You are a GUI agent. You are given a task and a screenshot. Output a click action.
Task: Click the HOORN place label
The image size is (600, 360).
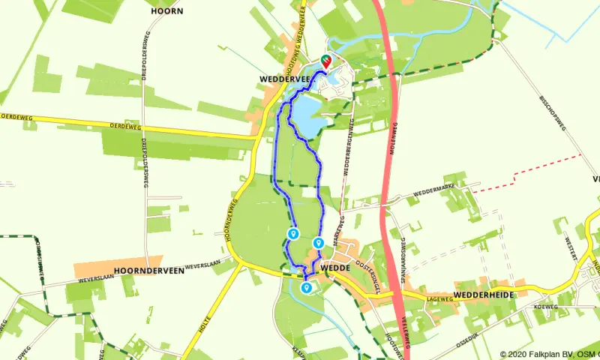click(166, 11)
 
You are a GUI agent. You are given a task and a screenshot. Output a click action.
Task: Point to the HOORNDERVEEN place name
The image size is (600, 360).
click(149, 271)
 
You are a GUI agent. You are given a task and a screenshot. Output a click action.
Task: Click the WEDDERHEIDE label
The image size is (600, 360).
click(484, 295)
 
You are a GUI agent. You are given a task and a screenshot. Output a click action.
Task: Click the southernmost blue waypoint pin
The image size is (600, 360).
click(306, 287)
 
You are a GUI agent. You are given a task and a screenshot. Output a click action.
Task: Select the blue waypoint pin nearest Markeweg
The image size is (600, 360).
click(319, 243)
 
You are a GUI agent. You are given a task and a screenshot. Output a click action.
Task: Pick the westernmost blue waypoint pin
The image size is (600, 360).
click(293, 234)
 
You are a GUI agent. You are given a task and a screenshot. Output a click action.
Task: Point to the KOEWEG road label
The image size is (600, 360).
click(548, 307)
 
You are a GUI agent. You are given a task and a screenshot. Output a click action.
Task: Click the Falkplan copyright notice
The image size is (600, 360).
click(550, 354)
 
